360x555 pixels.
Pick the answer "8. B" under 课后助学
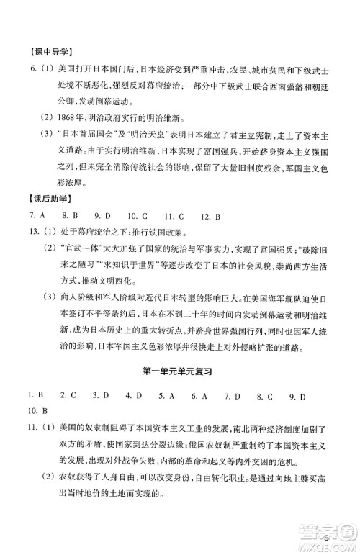(x=68, y=215)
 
